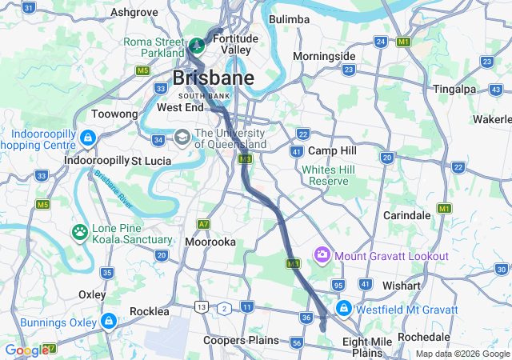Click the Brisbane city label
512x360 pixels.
tap(214, 78)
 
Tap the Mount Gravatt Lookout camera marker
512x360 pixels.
tap(322, 255)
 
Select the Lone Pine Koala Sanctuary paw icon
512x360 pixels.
tap(80, 233)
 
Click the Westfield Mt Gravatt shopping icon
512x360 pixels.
tap(343, 308)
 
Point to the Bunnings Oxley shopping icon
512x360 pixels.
tap(109, 322)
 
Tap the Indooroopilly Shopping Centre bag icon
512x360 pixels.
tap(86, 139)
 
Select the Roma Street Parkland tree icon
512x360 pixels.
tap(197, 44)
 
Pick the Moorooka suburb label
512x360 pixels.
tap(209, 241)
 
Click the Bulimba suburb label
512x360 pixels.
tap(289, 18)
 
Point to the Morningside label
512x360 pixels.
tap(323, 56)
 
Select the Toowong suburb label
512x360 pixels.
tap(115, 114)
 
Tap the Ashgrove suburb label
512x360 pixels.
tap(134, 12)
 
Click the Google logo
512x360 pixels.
tap(26, 350)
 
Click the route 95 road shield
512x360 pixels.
tap(338, 285)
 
